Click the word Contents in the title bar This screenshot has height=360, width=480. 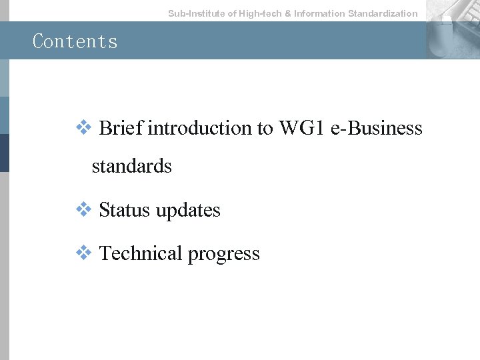pyautogui.click(x=75, y=41)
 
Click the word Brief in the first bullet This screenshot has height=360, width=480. pyautogui.click(x=121, y=128)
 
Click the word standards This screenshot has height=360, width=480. pyautogui.click(x=131, y=166)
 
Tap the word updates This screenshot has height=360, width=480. pyautogui.click(x=187, y=210)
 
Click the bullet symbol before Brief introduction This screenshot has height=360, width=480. pyautogui.click(x=83, y=127)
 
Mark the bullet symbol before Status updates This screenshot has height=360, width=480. pyautogui.click(x=83, y=209)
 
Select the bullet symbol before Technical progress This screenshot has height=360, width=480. pyautogui.click(x=83, y=253)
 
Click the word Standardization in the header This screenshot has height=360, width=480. pyautogui.click(x=383, y=13)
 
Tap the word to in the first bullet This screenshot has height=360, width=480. pyautogui.click(x=265, y=128)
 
